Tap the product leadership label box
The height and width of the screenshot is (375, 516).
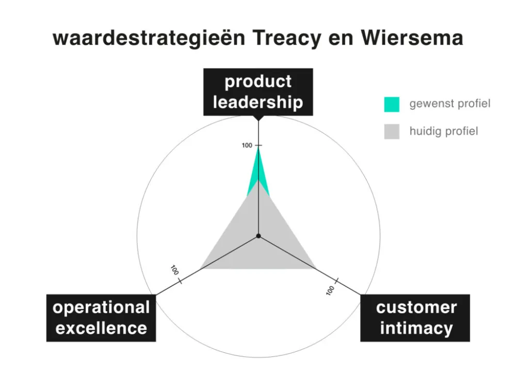click(258, 92)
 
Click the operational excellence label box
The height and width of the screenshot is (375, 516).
click(101, 317)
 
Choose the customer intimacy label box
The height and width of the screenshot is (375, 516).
click(416, 317)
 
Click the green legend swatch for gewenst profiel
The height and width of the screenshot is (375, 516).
click(392, 104)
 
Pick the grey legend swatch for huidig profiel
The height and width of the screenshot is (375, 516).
click(392, 131)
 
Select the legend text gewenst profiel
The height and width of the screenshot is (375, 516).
click(450, 104)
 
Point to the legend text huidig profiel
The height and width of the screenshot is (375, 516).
click(444, 131)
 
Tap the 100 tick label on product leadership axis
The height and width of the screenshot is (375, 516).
click(247, 146)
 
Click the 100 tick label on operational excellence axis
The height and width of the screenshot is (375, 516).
click(174, 270)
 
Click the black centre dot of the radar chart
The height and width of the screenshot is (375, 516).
click(259, 236)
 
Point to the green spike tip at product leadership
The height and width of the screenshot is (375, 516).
click(259, 148)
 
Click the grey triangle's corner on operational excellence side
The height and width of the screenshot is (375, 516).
click(201, 268)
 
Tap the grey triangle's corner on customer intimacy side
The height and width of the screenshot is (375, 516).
click(315, 268)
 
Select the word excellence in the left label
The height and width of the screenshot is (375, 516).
click(101, 328)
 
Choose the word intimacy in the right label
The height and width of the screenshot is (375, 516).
click(416, 328)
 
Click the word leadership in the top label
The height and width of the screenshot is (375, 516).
click(258, 102)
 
